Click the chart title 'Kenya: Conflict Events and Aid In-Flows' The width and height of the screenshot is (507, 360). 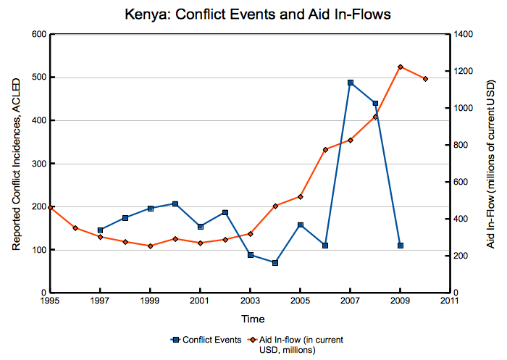coord(253,14)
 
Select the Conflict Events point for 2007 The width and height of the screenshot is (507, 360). coord(351,83)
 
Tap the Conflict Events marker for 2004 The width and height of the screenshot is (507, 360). coord(275,263)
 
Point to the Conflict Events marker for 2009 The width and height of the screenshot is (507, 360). coord(401,246)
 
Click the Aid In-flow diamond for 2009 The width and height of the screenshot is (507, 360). coord(401,67)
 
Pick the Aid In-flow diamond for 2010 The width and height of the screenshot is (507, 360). coord(425,79)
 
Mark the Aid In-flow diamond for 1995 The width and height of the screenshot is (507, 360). coord(50,207)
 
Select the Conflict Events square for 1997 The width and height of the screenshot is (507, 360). coord(100,230)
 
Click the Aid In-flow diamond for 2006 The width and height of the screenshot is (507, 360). coord(325,150)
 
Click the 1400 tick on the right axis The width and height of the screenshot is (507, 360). coord(463,35)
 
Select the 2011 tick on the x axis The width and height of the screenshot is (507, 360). coord(451,299)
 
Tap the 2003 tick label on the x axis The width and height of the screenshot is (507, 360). coord(250,299)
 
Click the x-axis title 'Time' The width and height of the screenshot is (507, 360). coord(253,319)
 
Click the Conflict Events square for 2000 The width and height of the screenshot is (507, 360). coord(175,204)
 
